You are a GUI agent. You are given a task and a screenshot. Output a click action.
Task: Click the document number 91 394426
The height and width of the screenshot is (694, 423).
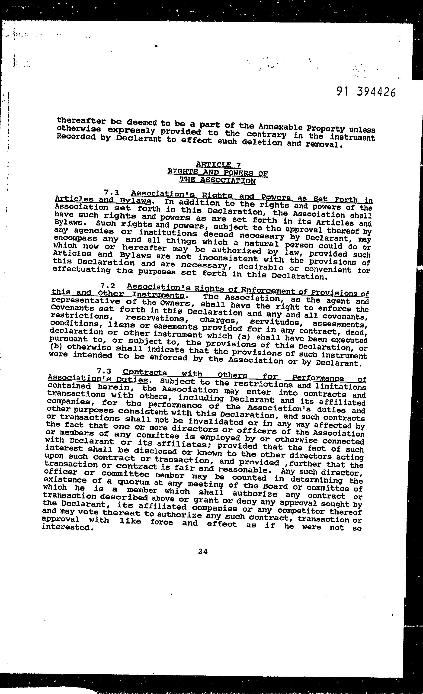[366, 92]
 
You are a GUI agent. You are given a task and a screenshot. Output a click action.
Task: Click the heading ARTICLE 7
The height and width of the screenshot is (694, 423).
[218, 164]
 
